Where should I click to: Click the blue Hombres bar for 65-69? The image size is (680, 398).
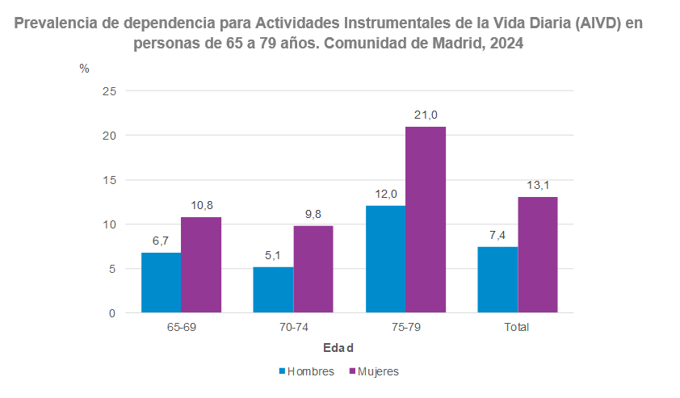[161, 283]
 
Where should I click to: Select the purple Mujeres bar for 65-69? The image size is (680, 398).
[200, 265]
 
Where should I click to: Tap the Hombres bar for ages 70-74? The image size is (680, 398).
[273, 290]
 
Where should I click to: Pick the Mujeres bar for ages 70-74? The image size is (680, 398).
[313, 269]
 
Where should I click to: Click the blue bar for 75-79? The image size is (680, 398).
[385, 259]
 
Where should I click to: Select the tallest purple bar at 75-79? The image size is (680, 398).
[426, 220]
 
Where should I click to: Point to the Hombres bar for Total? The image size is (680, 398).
[497, 279]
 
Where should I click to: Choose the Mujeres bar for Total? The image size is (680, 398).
[538, 254]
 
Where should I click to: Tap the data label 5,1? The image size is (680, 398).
[273, 256]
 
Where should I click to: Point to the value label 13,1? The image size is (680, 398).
[538, 186]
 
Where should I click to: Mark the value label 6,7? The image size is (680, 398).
[161, 241]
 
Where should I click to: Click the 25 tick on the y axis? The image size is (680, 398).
[110, 91]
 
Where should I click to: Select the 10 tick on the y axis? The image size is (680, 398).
[110, 224]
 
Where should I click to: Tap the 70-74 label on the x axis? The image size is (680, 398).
[293, 328]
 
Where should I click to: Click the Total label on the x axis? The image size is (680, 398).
[517, 328]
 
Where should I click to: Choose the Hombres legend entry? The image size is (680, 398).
[306, 371]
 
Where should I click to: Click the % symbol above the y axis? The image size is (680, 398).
[84, 69]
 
